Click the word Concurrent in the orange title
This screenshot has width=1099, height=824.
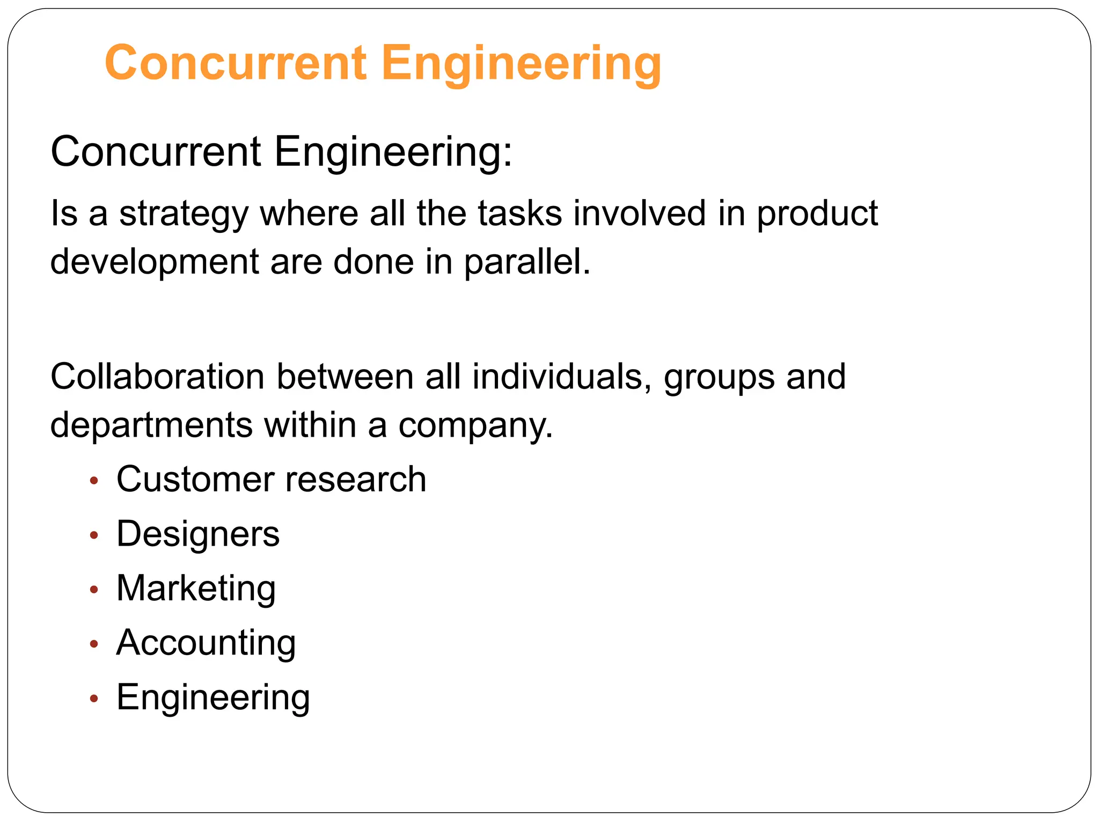(x=236, y=63)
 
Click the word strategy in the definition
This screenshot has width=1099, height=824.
(x=184, y=214)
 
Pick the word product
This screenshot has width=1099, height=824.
(x=817, y=214)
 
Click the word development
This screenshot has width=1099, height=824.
(x=155, y=262)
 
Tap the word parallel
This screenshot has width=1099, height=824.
(x=526, y=262)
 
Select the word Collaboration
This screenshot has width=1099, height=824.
(x=157, y=377)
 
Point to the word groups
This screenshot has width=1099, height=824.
(x=719, y=377)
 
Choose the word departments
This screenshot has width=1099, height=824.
(x=151, y=425)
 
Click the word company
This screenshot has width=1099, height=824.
(x=475, y=425)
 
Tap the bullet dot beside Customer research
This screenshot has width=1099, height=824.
(x=94, y=481)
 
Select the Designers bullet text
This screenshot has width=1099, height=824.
(x=198, y=534)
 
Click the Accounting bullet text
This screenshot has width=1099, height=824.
(x=206, y=643)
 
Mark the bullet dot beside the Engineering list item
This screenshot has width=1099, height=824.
(x=94, y=698)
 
